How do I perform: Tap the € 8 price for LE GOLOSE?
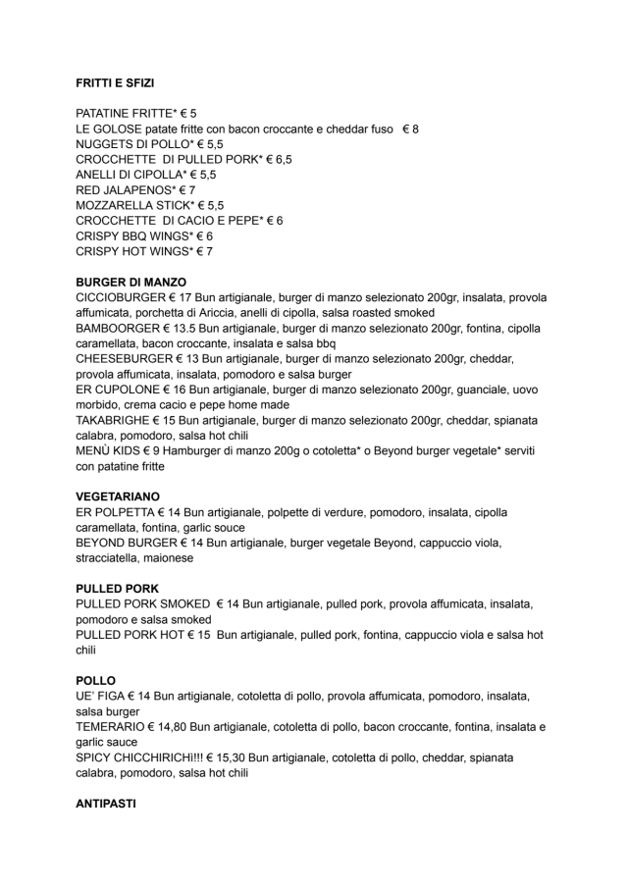[x=410, y=130]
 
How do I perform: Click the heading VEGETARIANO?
[x=118, y=497]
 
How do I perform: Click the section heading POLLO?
[x=95, y=680]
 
